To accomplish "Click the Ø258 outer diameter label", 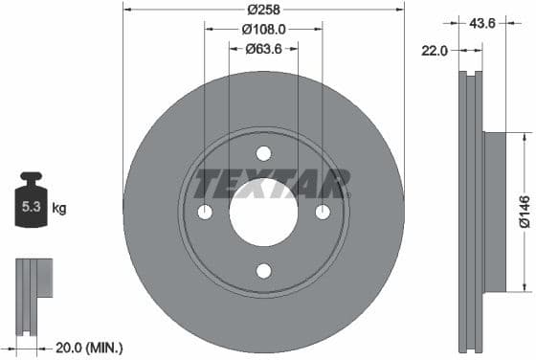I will (263, 10).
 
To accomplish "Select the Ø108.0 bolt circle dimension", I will (263, 29).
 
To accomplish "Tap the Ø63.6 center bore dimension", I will (263, 49).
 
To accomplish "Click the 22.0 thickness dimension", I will (436, 52).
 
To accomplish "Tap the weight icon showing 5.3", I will (31, 204).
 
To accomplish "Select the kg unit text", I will (58, 207).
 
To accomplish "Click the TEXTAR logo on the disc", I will (272, 183).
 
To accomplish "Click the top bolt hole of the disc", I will (263, 153).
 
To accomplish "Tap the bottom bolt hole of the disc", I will (263, 271).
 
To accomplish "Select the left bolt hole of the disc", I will (204, 213).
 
